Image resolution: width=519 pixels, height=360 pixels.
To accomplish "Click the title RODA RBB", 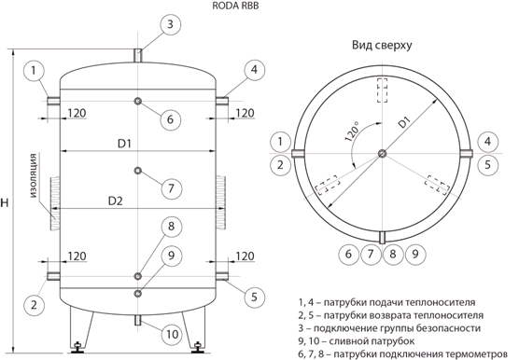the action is click(235, 7).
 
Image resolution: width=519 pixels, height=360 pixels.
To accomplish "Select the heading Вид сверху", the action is click(382, 45).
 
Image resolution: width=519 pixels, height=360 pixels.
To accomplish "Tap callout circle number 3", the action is click(171, 24).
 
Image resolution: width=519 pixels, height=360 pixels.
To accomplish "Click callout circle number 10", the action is click(172, 335).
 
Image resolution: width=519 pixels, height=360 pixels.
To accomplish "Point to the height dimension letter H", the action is click(5, 202).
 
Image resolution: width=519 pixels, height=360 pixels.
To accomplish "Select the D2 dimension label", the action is click(116, 201).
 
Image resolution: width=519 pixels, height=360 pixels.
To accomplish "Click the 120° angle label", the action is click(352, 132).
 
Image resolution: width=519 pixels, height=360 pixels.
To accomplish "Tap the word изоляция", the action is click(33, 175).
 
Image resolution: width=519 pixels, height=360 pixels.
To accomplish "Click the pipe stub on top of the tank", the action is click(138, 55).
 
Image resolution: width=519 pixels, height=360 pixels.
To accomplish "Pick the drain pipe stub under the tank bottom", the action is click(138, 320).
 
